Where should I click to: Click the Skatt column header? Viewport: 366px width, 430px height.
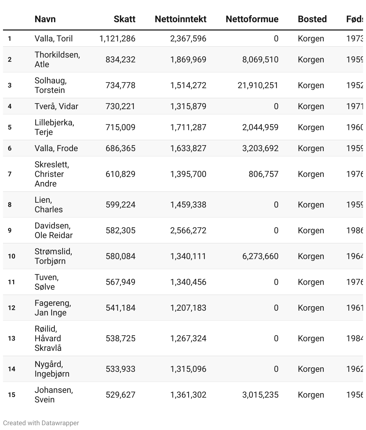tap(124, 19)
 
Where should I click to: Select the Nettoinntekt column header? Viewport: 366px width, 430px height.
tap(180, 19)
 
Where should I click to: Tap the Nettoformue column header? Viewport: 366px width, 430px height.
tap(252, 19)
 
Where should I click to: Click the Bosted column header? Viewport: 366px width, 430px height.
tap(312, 19)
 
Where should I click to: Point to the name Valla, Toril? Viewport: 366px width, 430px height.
tap(53, 39)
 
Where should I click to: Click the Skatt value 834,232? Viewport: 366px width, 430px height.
tap(120, 60)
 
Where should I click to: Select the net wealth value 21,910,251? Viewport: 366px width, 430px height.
tap(258, 85)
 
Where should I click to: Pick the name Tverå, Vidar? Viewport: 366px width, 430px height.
tap(56, 106)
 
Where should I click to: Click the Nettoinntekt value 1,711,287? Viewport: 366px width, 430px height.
tap(188, 127)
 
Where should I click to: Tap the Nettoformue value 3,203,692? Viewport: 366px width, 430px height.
tap(260, 148)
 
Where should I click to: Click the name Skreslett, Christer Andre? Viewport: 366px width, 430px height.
tap(52, 174)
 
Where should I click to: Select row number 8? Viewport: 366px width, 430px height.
tap(10, 205)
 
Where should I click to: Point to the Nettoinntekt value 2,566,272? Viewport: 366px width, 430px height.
tap(188, 231)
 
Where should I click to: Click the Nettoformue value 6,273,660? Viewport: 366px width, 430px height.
tap(260, 256)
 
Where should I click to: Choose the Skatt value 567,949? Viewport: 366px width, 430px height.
tap(120, 282)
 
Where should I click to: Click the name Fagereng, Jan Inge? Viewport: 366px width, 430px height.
tap(53, 308)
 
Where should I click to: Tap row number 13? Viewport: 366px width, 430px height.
tap(11, 339)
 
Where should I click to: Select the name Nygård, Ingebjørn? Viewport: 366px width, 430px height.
tap(52, 369)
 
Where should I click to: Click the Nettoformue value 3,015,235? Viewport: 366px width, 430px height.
tap(260, 395)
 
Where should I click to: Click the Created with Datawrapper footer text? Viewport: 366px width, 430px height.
tap(41, 423)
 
